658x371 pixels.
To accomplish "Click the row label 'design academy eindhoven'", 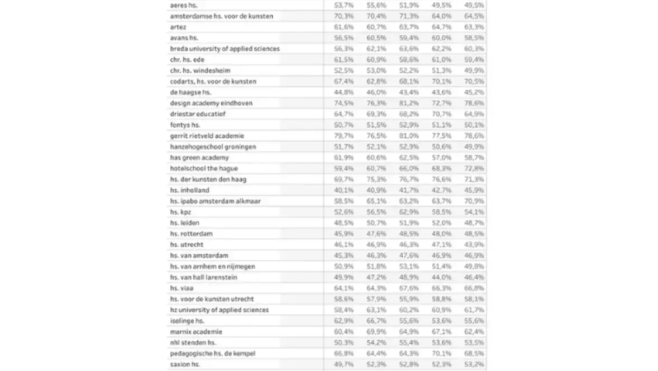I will coord(211,103).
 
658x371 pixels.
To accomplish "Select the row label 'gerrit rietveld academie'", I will coord(207,136).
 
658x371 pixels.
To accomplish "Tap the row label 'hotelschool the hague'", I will coord(204,168).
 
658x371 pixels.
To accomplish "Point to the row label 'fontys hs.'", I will coord(185,125).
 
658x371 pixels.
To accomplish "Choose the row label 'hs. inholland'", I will coord(189,190).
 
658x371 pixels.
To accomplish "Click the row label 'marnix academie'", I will coord(196,331).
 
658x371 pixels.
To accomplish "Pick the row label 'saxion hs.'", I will coord(185,364).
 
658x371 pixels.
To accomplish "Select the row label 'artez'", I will coord(178,27).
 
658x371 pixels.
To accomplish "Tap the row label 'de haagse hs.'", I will coord(190,92).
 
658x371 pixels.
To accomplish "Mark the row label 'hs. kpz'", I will coord(181,212).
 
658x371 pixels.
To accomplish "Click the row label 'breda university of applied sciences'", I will coord(225,49).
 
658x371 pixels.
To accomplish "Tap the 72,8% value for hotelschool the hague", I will coord(474,168).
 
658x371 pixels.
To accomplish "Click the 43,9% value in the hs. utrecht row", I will coord(474,244).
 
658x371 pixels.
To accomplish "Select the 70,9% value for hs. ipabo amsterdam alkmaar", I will coord(474,201).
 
